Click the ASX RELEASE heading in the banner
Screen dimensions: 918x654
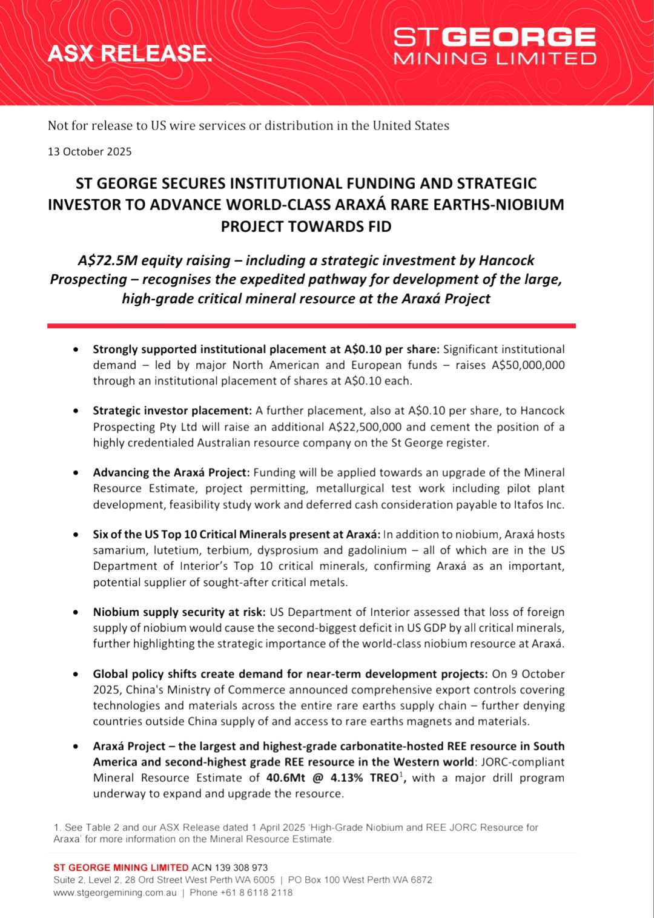point(130,54)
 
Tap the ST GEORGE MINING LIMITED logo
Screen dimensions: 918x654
point(495,45)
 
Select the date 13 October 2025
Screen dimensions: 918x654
point(90,151)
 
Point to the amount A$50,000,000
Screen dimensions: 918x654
point(528,365)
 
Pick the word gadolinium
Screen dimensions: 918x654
point(377,550)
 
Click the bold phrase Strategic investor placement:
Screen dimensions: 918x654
point(172,411)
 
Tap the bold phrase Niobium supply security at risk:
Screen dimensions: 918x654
point(179,612)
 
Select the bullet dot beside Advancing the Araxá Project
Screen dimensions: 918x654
point(76,472)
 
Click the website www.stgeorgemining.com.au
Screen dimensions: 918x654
point(115,893)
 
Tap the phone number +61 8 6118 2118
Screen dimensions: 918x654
point(256,893)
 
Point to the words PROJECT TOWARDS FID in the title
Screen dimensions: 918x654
point(306,226)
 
